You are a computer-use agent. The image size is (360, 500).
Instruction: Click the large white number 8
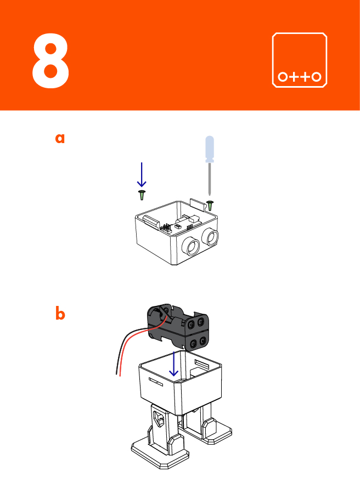[x=50, y=61]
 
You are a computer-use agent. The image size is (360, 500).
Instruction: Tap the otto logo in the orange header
[x=300, y=60]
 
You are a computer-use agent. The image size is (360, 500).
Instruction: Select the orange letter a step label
[x=60, y=138]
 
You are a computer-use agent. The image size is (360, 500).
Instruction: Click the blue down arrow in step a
[x=142, y=175]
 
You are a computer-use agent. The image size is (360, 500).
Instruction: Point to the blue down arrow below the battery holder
[x=175, y=363]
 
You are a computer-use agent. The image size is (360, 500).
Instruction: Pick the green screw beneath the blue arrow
[x=142, y=195]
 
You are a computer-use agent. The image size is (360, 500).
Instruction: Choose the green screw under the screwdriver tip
[x=210, y=204]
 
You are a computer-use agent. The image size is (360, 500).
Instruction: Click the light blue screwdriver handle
[x=209, y=149]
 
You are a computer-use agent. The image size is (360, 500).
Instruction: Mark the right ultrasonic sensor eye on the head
[x=210, y=236]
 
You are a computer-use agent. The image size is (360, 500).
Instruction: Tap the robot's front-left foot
[x=159, y=453]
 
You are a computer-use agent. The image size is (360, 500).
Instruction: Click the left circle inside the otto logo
[x=283, y=77]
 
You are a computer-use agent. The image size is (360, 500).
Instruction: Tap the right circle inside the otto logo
[x=317, y=77]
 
